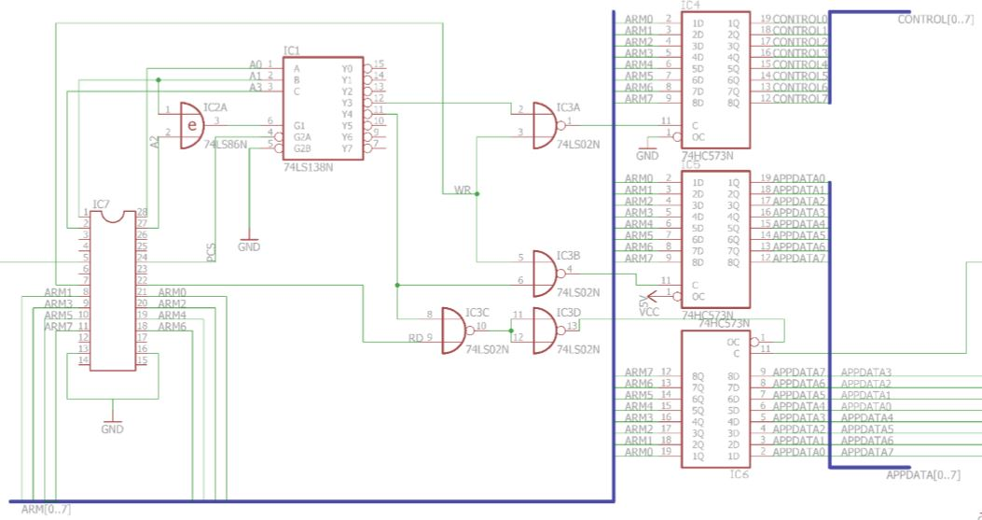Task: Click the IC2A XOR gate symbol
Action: (x=190, y=124)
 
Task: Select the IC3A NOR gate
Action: (x=543, y=124)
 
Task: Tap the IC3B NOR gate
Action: (x=543, y=272)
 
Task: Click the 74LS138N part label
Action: (x=307, y=167)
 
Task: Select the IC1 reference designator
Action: (x=291, y=50)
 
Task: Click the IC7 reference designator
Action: (x=101, y=204)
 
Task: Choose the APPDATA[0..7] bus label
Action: (x=922, y=475)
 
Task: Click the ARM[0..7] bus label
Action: (x=45, y=509)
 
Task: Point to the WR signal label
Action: (x=462, y=190)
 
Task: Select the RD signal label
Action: (x=415, y=338)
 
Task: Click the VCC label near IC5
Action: (x=650, y=313)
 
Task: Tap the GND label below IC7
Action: (x=112, y=429)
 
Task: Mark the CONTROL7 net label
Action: (x=800, y=99)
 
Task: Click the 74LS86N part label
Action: (x=226, y=145)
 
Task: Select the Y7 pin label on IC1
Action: (x=347, y=148)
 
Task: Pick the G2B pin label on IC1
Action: (x=302, y=148)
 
